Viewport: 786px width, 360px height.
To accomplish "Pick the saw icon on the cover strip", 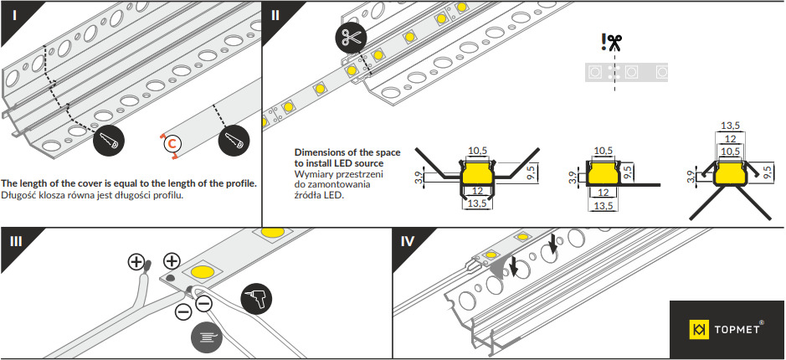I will tap(234, 143).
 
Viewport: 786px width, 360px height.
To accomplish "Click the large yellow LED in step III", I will tap(205, 273).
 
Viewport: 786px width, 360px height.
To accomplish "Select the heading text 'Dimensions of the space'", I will tap(347, 152).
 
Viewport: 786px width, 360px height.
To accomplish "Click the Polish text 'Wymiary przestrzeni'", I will tap(339, 173).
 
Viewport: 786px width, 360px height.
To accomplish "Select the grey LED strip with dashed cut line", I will tap(626, 72).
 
